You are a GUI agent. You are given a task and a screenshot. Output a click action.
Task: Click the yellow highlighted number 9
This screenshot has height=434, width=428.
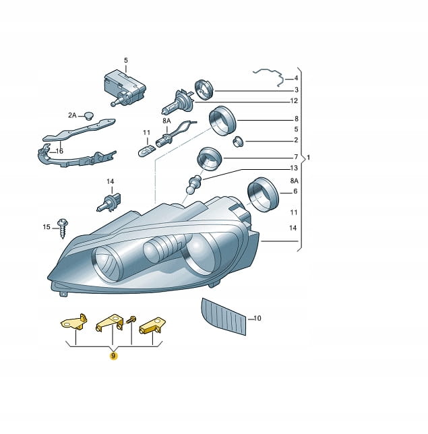tap(113, 355)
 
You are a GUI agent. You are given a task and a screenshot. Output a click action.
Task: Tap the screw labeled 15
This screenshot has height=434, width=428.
tap(63, 228)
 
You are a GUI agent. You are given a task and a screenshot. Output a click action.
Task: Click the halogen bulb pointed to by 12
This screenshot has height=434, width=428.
tap(178, 102)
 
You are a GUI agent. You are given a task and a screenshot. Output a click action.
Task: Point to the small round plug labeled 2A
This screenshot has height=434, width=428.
tap(89, 116)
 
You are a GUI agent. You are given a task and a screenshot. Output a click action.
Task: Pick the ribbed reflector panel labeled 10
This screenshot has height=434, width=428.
tap(224, 316)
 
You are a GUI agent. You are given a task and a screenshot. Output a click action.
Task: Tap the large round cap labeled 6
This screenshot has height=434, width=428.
tap(263, 195)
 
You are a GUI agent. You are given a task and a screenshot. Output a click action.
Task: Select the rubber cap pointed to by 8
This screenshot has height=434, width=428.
tap(222, 121)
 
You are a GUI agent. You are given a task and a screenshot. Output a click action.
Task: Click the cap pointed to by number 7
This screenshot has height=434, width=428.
tap(210, 159)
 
